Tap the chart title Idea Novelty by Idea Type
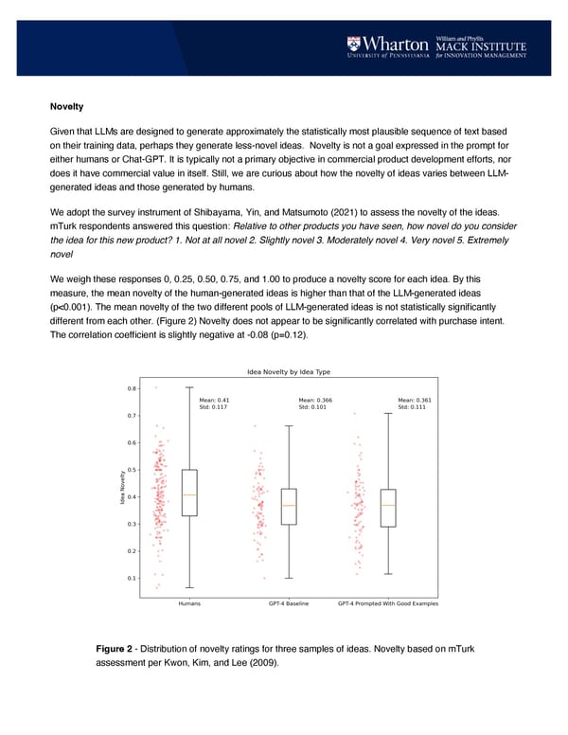[x=288, y=371]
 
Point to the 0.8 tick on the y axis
[x=130, y=387]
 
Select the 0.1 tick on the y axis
[x=130, y=578]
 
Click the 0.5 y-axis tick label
[x=130, y=469]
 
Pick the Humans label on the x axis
[x=189, y=603]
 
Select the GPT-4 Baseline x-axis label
[x=289, y=603]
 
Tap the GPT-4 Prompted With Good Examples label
[x=388, y=603]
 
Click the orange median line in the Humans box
[x=189, y=495]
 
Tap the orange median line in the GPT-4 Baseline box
[x=289, y=505]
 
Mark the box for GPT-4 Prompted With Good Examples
[x=388, y=508]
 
